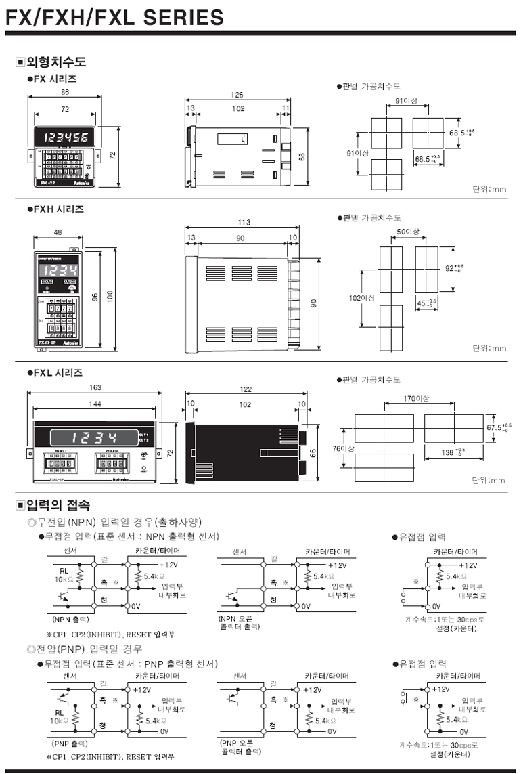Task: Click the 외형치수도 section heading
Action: [x=55, y=63]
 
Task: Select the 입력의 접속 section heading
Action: [x=55, y=505]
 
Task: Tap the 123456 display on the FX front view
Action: [x=66, y=138]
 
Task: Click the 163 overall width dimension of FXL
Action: [x=95, y=388]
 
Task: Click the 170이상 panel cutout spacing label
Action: [x=416, y=399]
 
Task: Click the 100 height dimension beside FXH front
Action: [x=110, y=297]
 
